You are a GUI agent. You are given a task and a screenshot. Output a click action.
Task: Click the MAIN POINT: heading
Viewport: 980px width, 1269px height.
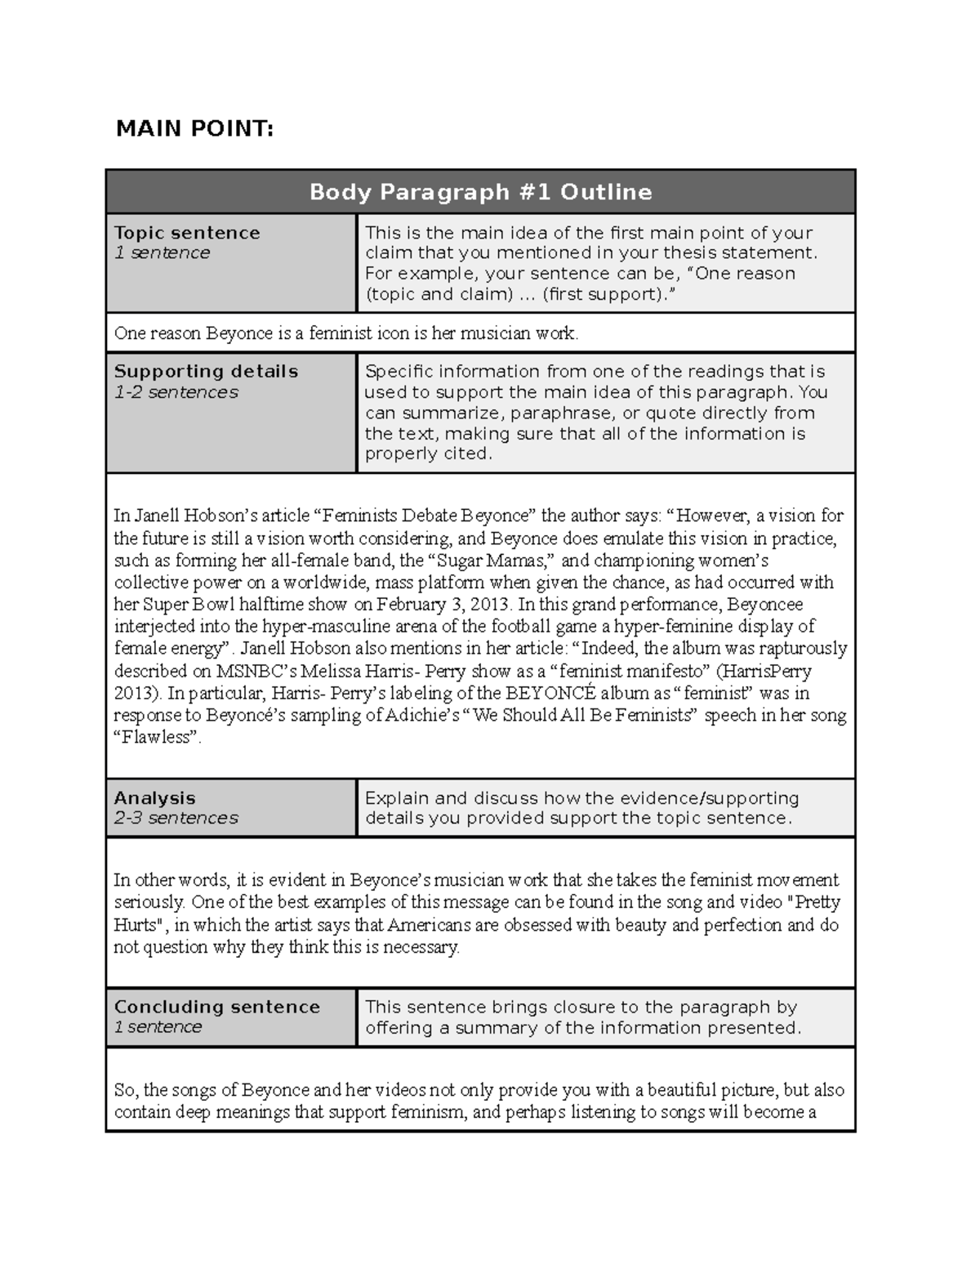(194, 128)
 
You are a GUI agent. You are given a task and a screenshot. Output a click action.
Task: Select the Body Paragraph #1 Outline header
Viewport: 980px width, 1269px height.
(480, 192)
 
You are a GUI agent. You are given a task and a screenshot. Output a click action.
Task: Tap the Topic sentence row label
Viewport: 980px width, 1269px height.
(187, 233)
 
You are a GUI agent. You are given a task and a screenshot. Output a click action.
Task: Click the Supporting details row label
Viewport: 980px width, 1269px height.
(206, 372)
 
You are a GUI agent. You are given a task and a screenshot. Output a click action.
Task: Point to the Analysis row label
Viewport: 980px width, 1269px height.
(154, 798)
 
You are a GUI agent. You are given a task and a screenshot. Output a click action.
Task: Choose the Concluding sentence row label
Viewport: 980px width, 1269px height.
(216, 1007)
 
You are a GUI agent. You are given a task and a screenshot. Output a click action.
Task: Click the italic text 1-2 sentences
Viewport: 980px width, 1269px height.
(176, 392)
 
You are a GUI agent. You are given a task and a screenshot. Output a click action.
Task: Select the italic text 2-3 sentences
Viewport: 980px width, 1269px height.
(176, 818)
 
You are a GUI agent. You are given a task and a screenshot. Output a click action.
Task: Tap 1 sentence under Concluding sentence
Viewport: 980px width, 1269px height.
(158, 1027)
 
